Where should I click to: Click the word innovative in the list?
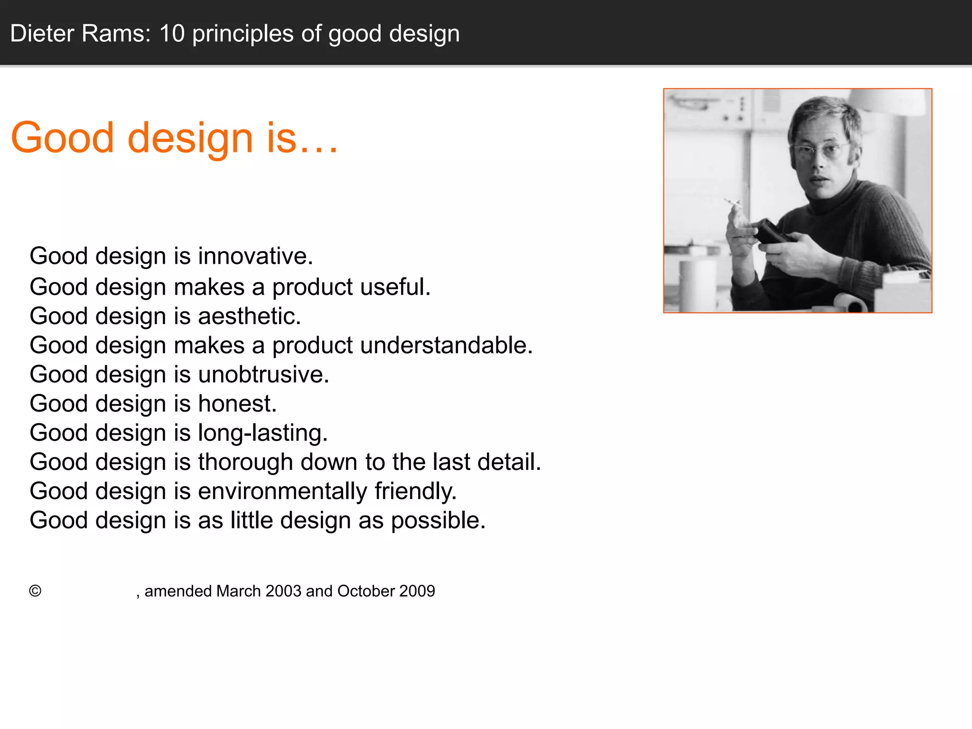(x=255, y=256)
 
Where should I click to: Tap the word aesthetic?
(x=249, y=317)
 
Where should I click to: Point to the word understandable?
(x=446, y=346)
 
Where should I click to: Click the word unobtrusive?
(x=263, y=375)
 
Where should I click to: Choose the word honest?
(x=237, y=404)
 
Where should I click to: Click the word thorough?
(x=245, y=462)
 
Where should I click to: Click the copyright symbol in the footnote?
(x=35, y=591)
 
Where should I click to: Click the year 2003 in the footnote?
(x=283, y=591)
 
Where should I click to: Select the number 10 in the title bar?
(x=172, y=34)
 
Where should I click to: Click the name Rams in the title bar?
(x=116, y=34)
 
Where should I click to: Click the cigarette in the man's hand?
(x=732, y=203)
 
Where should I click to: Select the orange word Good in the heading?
(x=62, y=138)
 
